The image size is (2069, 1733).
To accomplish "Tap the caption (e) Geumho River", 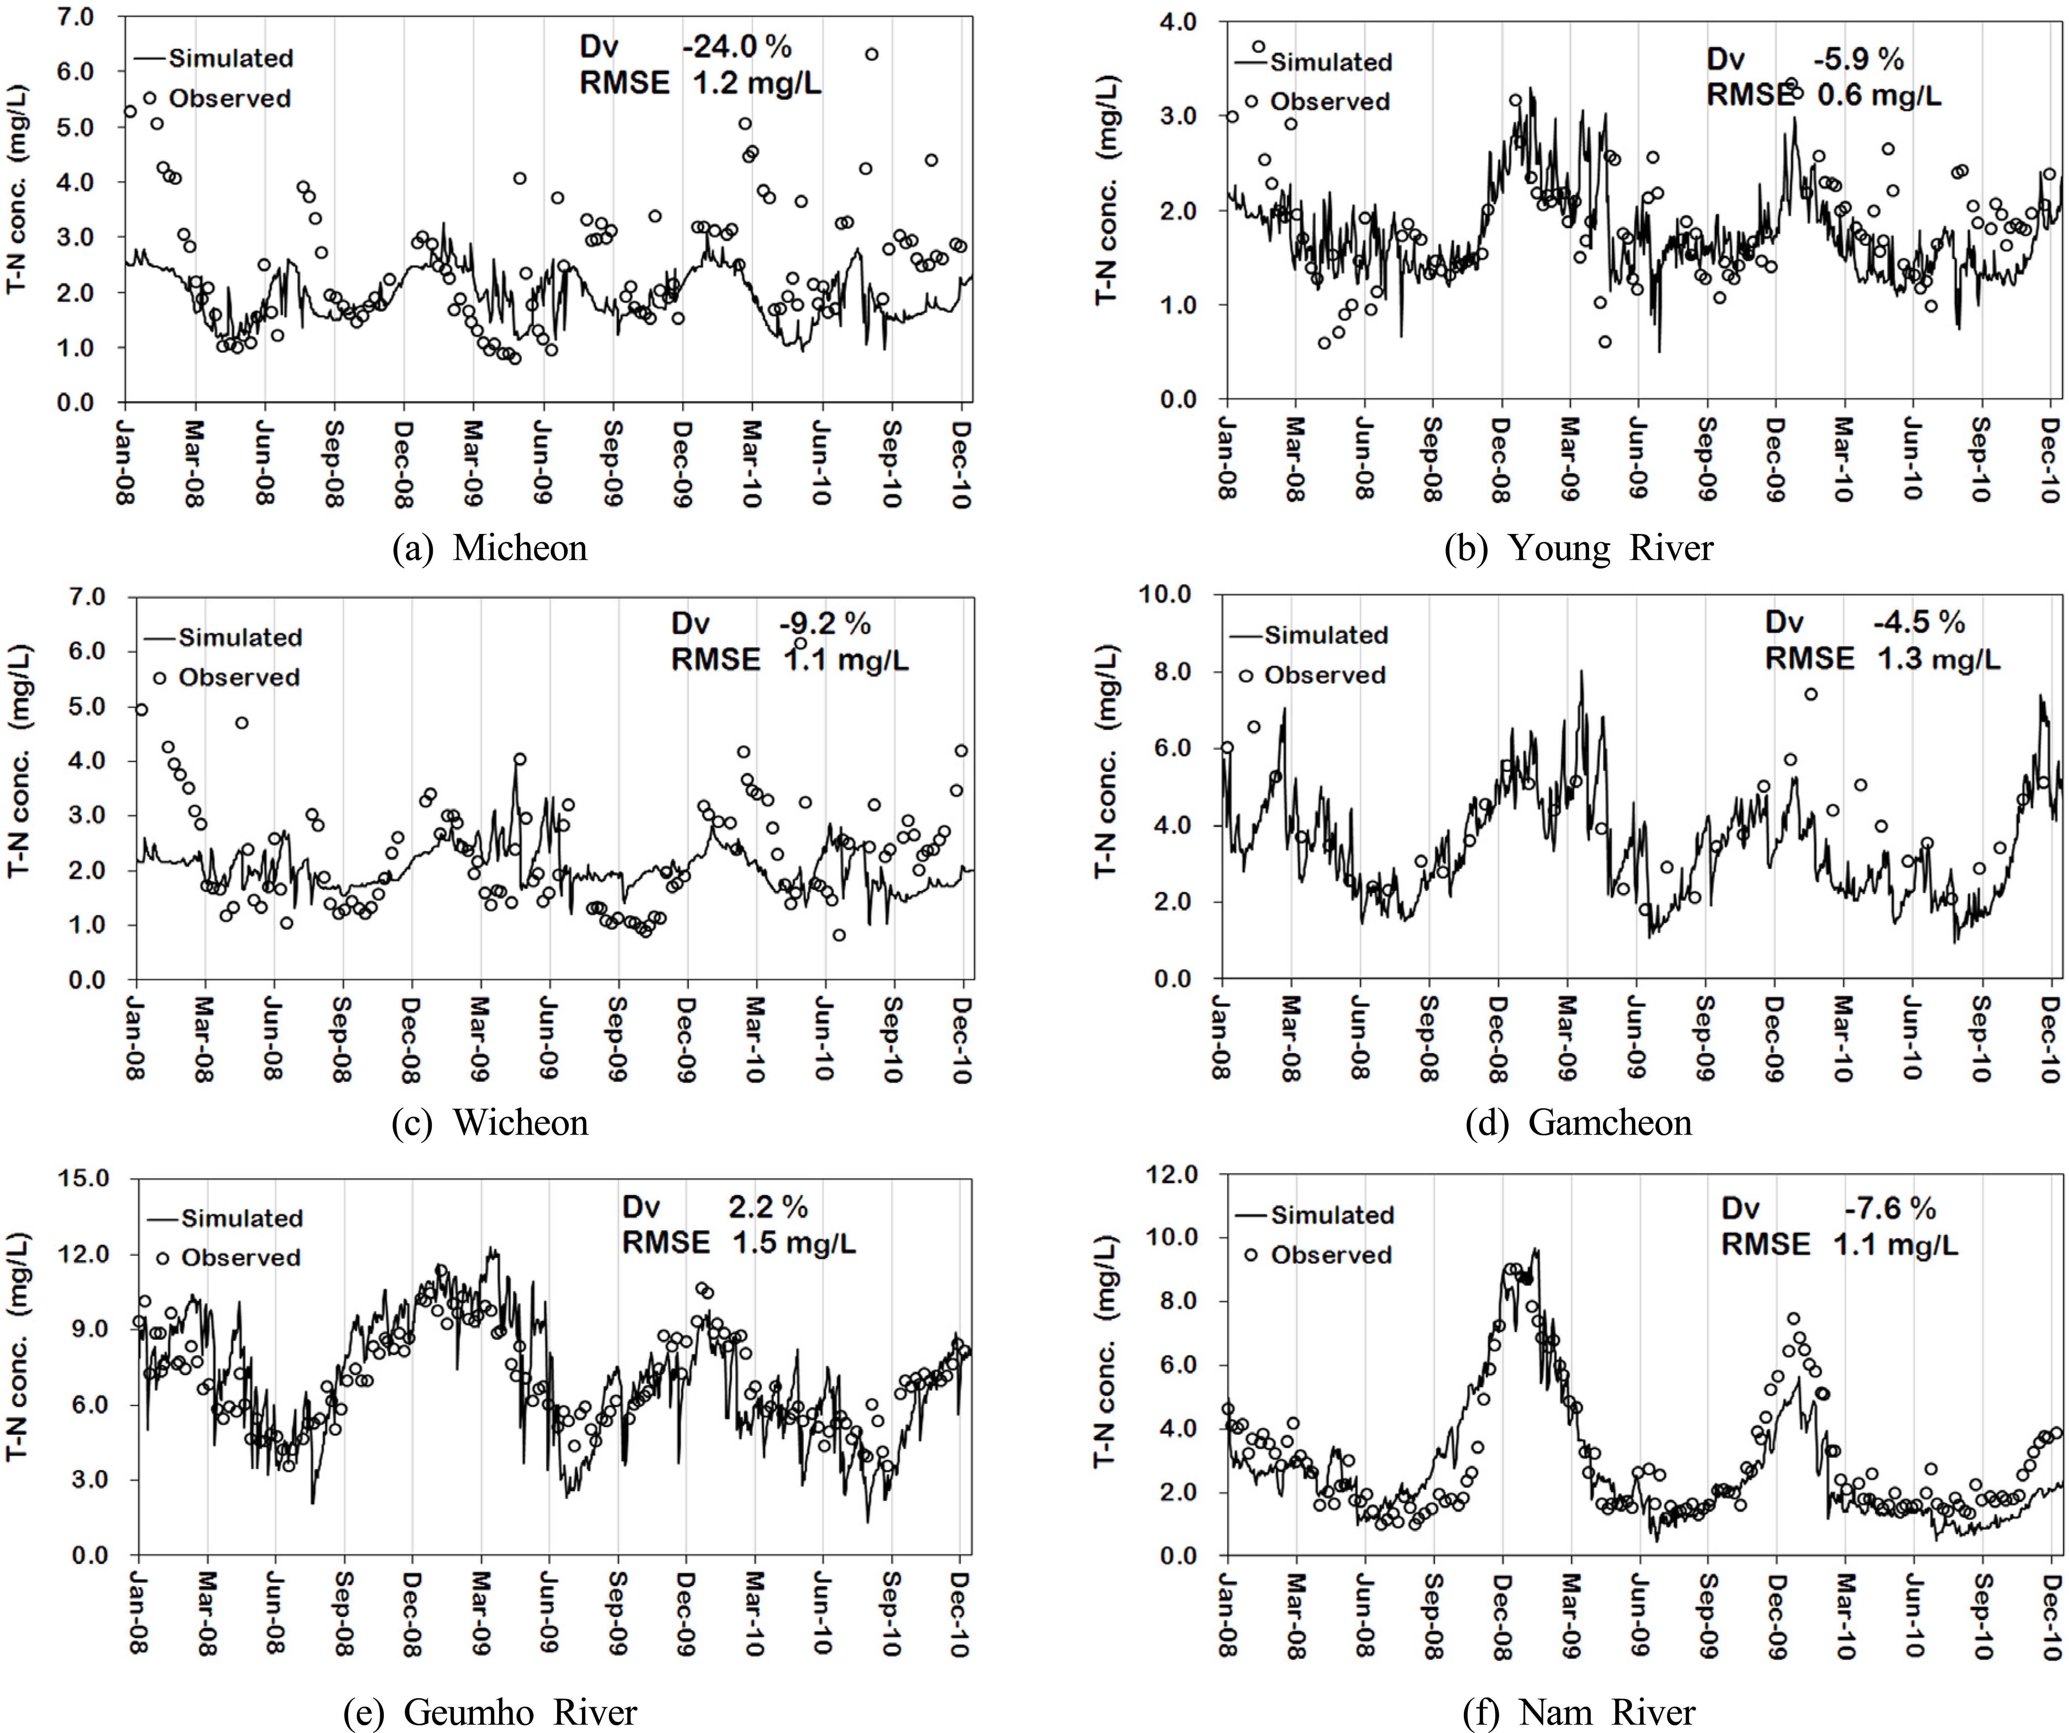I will (x=490, y=1712).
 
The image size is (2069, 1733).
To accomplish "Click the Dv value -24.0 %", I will (x=736, y=46).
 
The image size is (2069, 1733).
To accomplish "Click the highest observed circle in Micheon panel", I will (x=871, y=54).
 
